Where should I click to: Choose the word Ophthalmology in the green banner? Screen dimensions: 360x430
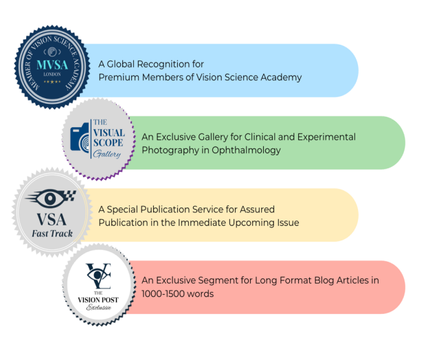247,150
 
